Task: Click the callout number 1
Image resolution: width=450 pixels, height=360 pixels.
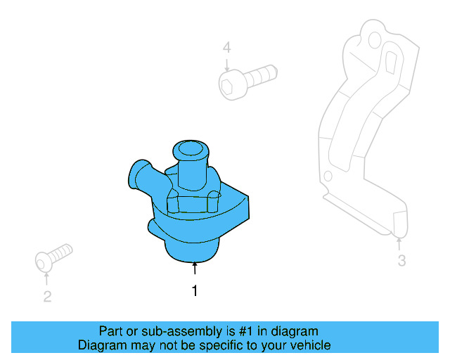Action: [195, 290]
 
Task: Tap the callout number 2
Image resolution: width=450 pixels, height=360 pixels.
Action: [47, 297]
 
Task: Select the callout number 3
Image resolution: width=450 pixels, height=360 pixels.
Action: [401, 262]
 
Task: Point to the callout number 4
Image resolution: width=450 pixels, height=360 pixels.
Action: [226, 48]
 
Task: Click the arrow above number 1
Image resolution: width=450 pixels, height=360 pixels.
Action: [195, 268]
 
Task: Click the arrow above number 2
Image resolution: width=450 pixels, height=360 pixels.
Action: [47, 278]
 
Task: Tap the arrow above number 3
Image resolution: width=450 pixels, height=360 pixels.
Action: [399, 243]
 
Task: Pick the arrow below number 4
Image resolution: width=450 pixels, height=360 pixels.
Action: [226, 64]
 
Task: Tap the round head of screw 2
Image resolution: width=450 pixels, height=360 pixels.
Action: [44, 262]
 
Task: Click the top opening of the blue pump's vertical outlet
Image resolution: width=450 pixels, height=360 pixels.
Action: [189, 148]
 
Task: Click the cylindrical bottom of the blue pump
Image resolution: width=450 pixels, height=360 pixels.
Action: [191, 250]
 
